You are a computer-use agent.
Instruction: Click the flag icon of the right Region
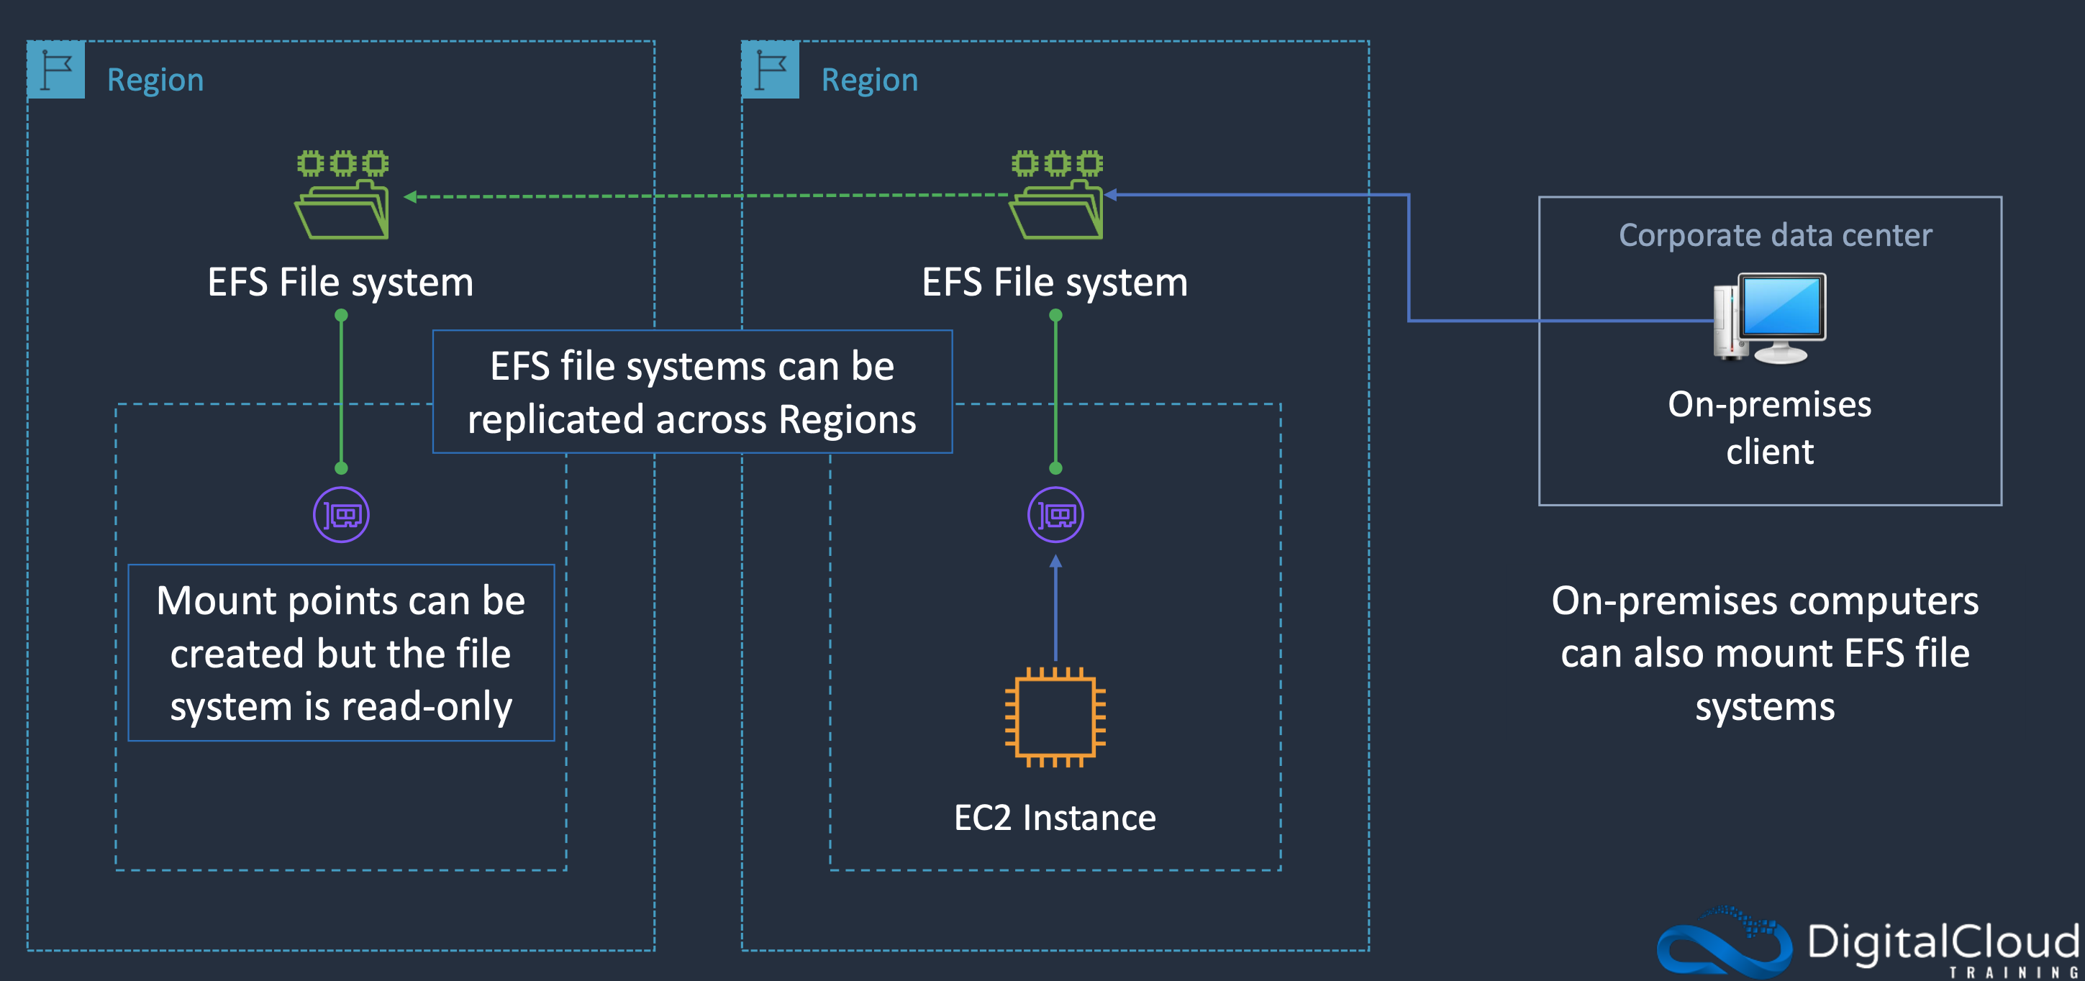(x=771, y=70)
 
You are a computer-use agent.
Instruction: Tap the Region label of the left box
(x=155, y=80)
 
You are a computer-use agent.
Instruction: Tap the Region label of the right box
(x=869, y=80)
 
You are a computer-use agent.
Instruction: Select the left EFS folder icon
(x=342, y=195)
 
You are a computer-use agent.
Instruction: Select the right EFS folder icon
(x=1056, y=195)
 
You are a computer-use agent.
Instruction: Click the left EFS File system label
(x=340, y=283)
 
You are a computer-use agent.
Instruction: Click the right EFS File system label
(x=1055, y=283)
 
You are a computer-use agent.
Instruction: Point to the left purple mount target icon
(x=342, y=515)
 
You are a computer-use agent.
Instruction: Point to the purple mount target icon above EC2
(x=1055, y=515)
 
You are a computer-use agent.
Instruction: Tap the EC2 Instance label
(x=1055, y=818)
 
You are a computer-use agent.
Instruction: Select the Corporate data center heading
(x=1775, y=235)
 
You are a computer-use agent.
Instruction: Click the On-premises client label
(x=1769, y=427)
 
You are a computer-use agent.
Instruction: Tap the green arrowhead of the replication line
(x=410, y=196)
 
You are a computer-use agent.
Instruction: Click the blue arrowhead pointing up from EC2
(x=1055, y=561)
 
